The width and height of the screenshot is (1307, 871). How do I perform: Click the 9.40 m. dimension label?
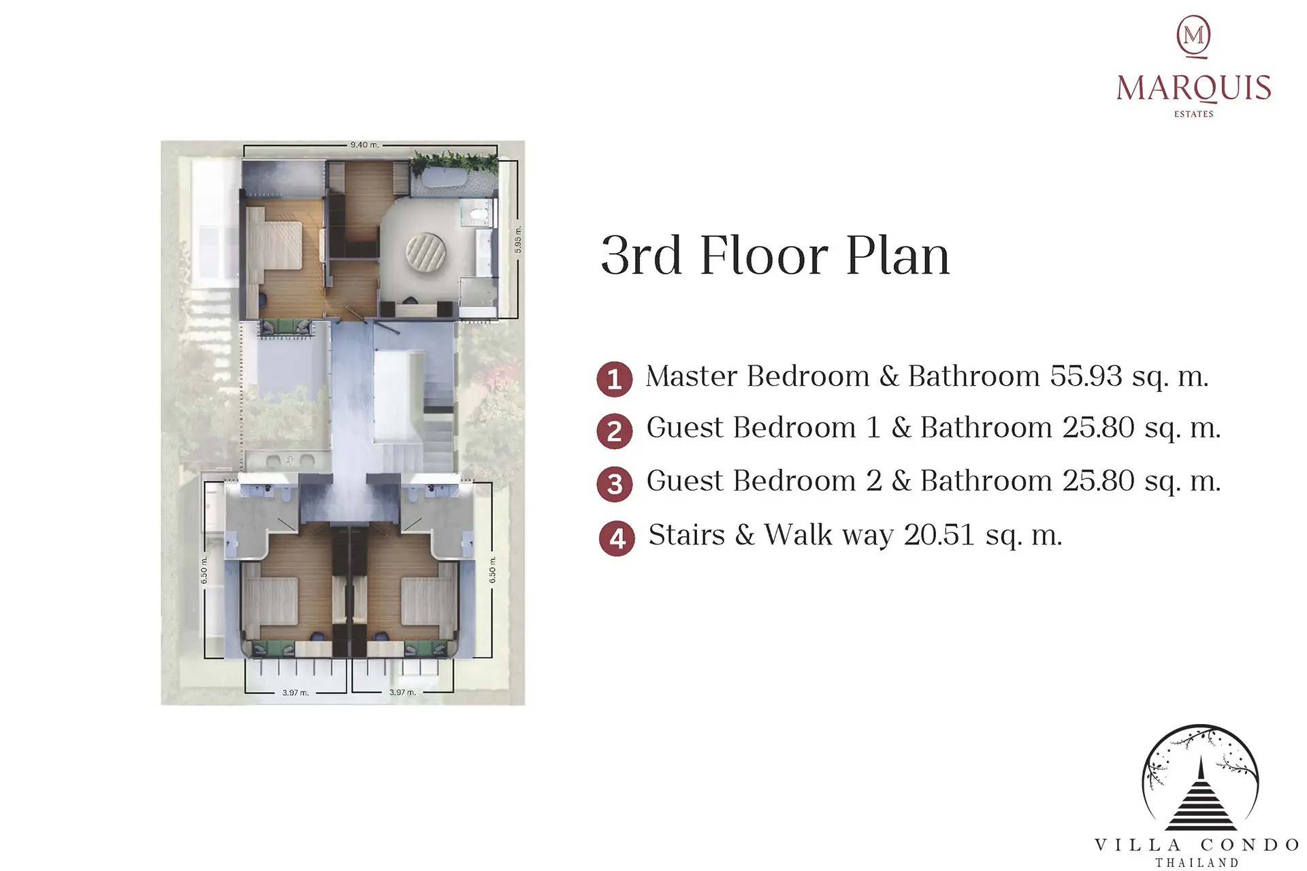click(364, 145)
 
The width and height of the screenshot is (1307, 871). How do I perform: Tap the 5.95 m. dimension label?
click(518, 240)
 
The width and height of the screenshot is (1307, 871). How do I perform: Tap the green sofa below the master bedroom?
click(286, 327)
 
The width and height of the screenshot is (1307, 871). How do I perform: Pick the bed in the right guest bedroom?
click(427, 601)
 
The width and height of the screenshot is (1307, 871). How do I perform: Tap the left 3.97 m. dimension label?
click(295, 693)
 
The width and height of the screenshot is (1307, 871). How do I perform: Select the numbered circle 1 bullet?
click(615, 378)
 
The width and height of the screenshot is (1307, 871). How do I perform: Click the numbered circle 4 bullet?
click(617, 538)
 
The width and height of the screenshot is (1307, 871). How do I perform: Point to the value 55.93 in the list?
click(1086, 376)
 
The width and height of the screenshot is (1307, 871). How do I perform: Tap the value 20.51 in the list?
click(939, 535)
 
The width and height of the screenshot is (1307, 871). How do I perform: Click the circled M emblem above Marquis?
click(1193, 36)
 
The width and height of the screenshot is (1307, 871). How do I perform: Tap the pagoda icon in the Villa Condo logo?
click(1200, 795)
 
